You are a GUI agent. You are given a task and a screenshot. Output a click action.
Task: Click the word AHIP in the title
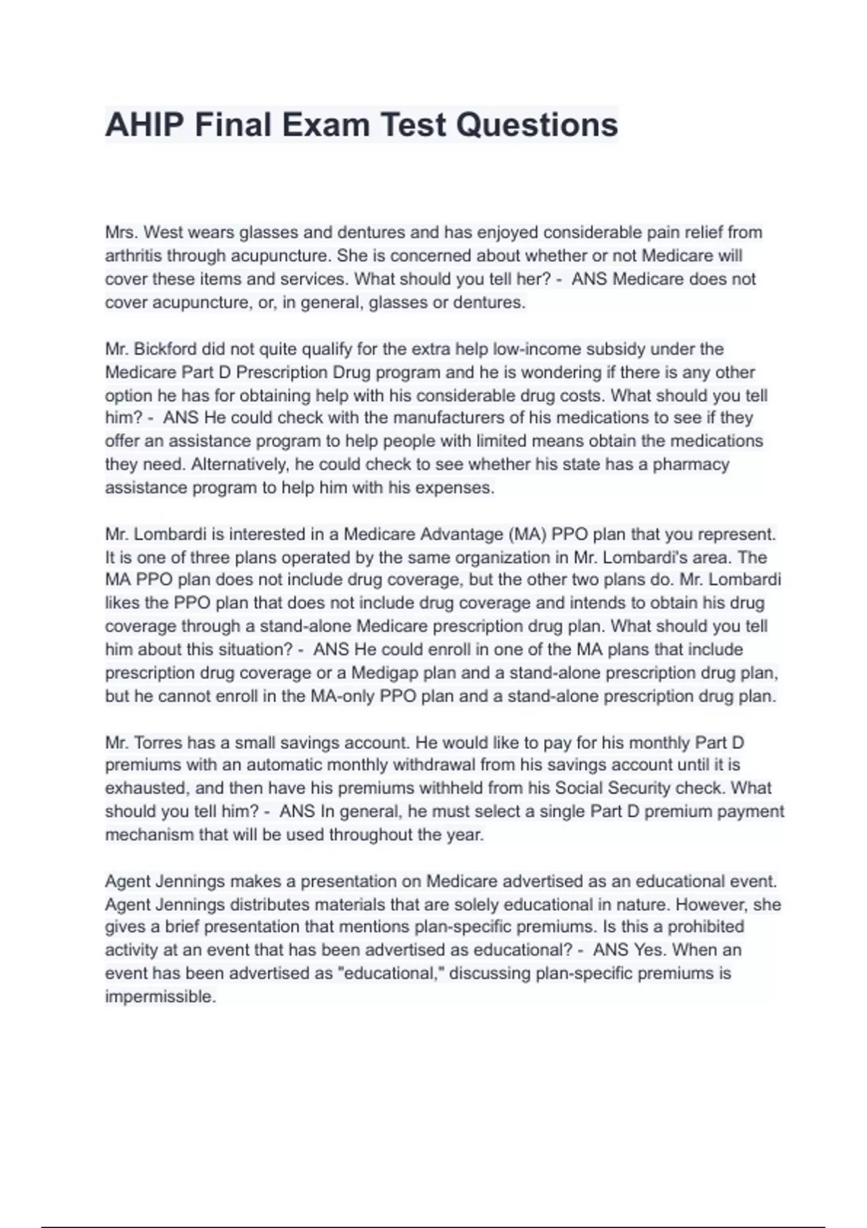[x=143, y=124]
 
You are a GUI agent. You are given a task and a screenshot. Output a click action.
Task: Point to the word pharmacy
[x=691, y=464]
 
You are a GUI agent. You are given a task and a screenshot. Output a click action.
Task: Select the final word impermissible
[x=160, y=997]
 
